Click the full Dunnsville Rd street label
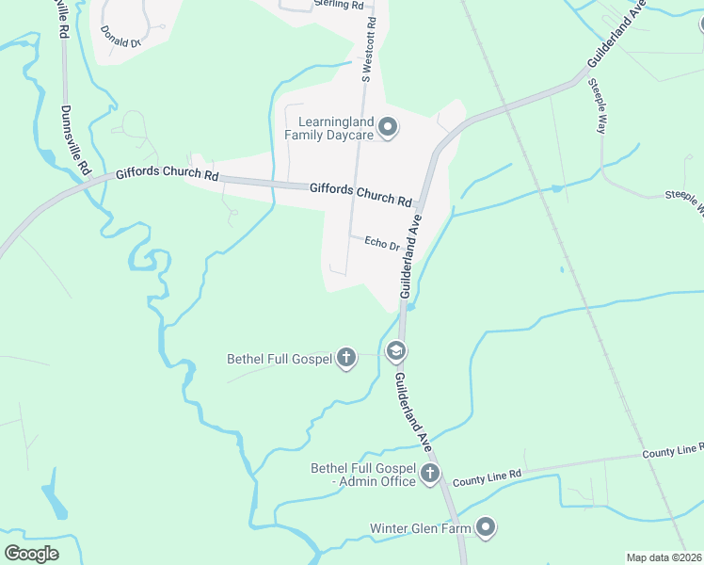click(x=73, y=140)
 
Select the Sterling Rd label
click(x=338, y=5)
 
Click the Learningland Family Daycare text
click(x=336, y=128)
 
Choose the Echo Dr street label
click(x=382, y=243)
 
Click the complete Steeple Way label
click(x=597, y=106)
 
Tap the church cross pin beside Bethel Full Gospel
click(x=346, y=358)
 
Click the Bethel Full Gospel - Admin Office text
click(x=363, y=475)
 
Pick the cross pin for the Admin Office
click(x=430, y=473)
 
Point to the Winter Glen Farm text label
click(x=420, y=528)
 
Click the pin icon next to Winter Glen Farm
click(x=486, y=526)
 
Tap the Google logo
click(x=31, y=553)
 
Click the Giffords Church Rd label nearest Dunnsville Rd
click(x=167, y=175)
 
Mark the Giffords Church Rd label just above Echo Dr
click(x=360, y=195)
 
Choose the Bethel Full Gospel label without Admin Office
click(x=280, y=359)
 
